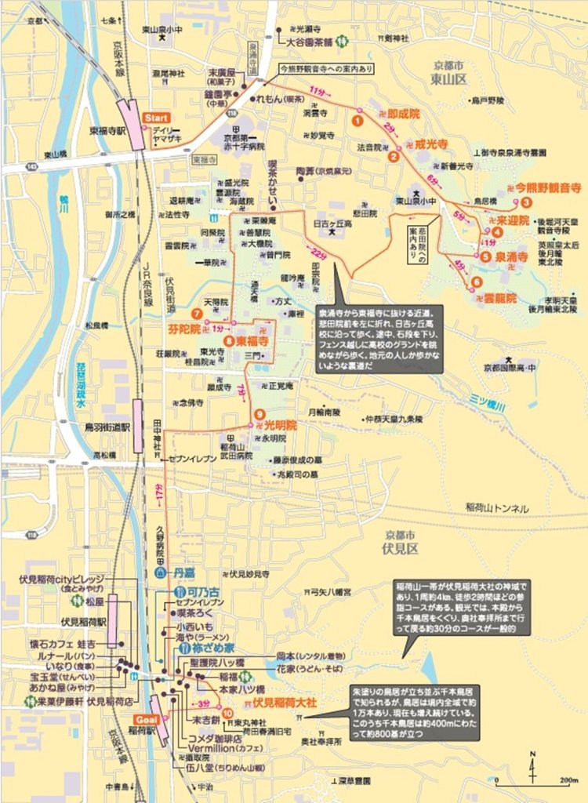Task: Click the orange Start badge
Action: [155, 117]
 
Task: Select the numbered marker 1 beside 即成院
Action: [357, 121]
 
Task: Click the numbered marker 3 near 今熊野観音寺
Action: [527, 202]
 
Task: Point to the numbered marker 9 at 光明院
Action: [258, 414]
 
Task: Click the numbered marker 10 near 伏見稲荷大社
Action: [227, 713]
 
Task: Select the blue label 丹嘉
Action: [185, 572]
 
